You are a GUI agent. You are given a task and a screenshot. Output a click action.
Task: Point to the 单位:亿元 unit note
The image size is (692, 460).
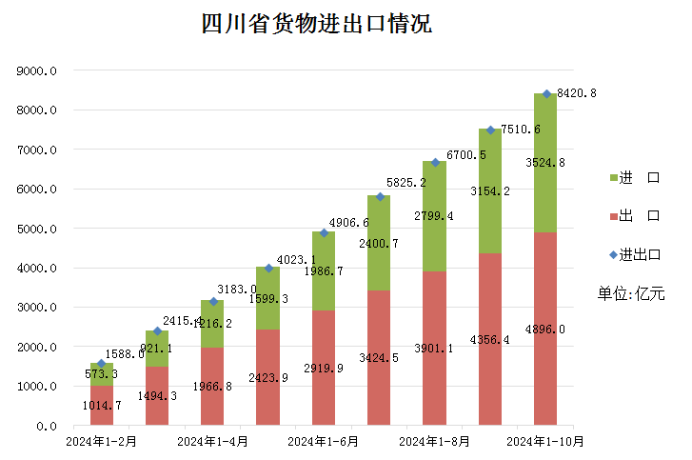click(630, 293)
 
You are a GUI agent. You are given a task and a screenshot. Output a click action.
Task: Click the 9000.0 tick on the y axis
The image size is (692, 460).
click(38, 70)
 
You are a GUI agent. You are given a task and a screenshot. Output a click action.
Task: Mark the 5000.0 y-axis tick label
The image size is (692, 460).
click(38, 229)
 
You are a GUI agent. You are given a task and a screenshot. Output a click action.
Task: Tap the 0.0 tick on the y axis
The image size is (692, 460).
click(48, 426)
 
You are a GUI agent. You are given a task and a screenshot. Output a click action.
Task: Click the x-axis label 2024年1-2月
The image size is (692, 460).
click(102, 441)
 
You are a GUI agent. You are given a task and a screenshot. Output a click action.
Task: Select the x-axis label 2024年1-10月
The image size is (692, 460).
click(545, 441)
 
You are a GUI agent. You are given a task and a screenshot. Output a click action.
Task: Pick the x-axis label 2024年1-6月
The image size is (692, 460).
click(324, 441)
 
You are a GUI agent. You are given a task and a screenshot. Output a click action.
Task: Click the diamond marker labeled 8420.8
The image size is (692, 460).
click(546, 93)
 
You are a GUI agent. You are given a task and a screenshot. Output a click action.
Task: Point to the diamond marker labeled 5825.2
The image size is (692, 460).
click(379, 196)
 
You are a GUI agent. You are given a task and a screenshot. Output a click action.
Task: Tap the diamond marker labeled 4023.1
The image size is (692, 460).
click(268, 268)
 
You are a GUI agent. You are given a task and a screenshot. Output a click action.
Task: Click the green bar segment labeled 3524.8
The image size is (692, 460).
click(545, 163)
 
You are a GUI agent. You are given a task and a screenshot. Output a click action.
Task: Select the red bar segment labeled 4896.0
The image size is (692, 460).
click(545, 329)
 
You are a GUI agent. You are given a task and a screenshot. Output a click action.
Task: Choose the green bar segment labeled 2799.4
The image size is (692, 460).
click(434, 216)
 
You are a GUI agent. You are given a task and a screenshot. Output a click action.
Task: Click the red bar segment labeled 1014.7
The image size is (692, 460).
click(102, 406)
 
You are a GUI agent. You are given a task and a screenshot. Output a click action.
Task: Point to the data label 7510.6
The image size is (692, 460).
click(521, 130)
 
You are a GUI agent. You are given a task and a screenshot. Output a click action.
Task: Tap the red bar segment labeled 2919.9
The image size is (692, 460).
click(324, 368)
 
